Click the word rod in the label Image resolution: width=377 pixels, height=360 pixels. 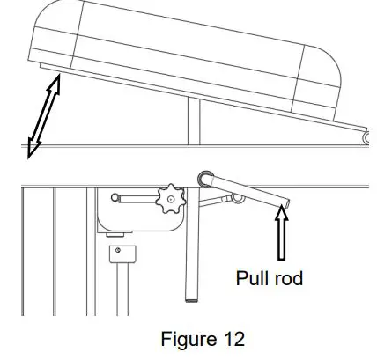click(x=289, y=279)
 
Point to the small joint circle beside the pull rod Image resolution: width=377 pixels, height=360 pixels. click(x=235, y=199)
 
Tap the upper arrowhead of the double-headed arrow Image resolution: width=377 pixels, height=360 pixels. click(x=57, y=82)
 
